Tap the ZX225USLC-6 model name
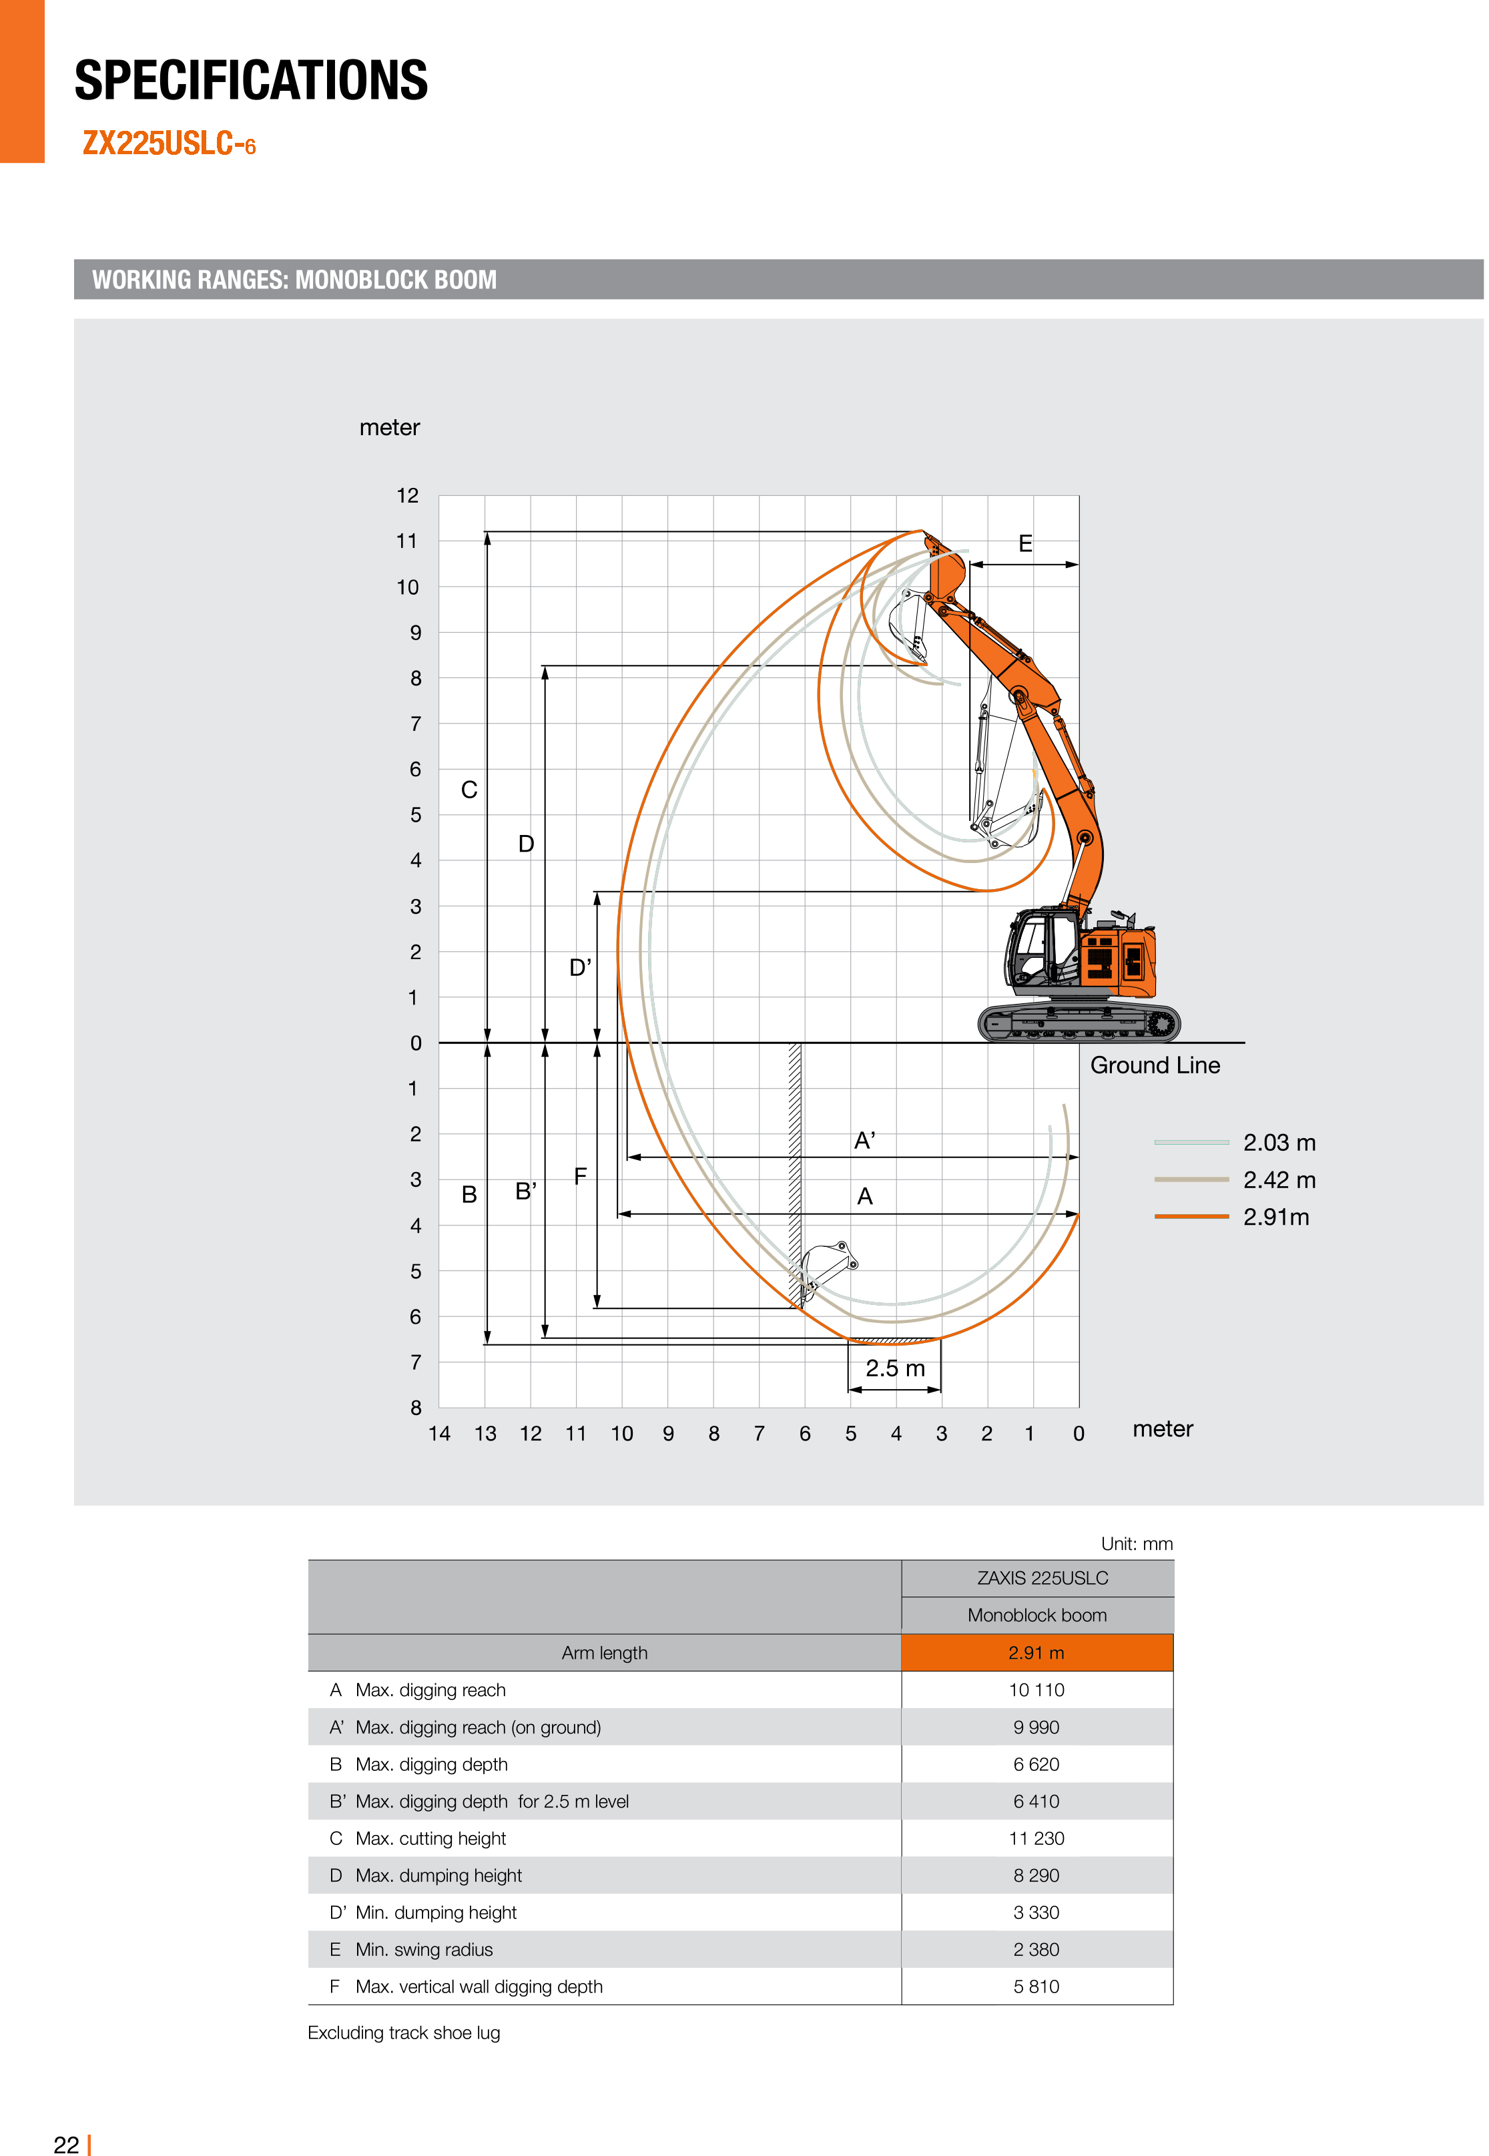click(169, 144)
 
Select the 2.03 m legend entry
click(1278, 1142)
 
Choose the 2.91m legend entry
click(1275, 1217)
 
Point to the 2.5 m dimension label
click(895, 1368)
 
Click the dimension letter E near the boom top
click(1024, 544)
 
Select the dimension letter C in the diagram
click(469, 790)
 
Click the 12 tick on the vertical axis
click(408, 495)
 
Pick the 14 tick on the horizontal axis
click(438, 1433)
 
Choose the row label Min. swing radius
click(424, 1949)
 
